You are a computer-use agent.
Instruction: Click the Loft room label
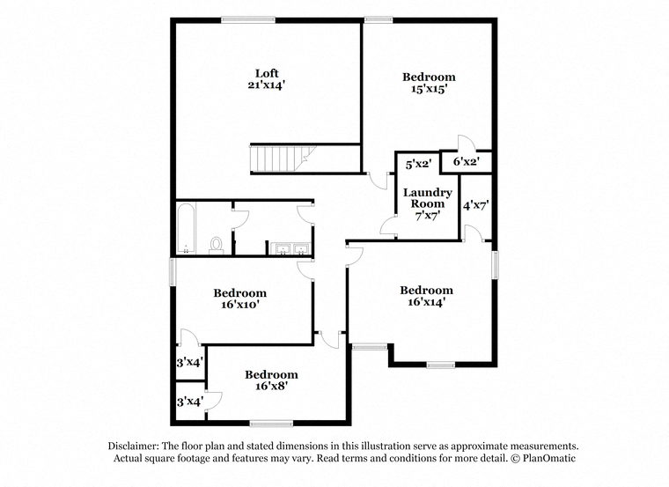click(x=267, y=73)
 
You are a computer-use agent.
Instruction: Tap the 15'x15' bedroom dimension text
click(x=429, y=89)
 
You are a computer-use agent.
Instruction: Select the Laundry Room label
click(x=428, y=198)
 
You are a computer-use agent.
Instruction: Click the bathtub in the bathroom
click(x=187, y=229)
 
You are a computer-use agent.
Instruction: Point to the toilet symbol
click(x=217, y=247)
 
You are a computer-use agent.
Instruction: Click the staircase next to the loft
click(x=283, y=159)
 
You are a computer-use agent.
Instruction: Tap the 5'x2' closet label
click(x=418, y=164)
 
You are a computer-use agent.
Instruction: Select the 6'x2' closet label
click(x=467, y=161)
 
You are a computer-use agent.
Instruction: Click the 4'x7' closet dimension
click(x=475, y=206)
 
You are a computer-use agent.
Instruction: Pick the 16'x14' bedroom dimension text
click(x=427, y=302)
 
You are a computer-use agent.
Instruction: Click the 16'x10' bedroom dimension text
click(x=240, y=305)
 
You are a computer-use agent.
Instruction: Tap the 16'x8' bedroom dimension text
click(x=271, y=387)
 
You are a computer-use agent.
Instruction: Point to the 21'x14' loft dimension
click(x=266, y=85)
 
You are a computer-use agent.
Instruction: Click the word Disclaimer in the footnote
click(x=134, y=446)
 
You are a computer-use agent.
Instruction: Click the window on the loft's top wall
click(x=248, y=19)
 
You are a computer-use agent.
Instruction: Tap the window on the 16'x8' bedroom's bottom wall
click(x=271, y=424)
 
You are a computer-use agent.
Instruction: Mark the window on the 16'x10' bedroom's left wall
click(x=173, y=271)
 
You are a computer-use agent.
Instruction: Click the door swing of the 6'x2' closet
click(x=466, y=143)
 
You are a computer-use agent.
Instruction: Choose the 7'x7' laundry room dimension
click(x=428, y=216)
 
